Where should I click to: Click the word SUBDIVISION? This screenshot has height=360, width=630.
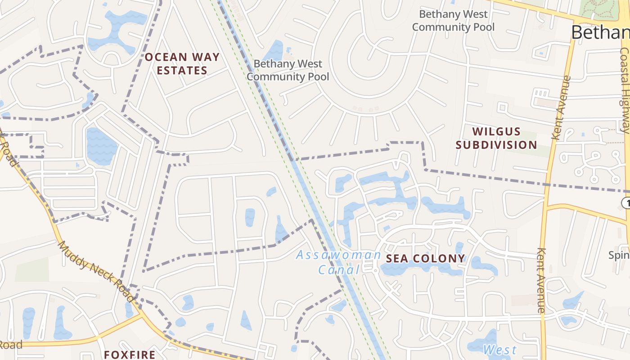coord(496,145)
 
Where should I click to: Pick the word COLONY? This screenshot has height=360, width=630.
coord(438,258)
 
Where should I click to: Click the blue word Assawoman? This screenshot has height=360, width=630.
coord(339,256)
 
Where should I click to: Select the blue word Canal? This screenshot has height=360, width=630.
coord(339,270)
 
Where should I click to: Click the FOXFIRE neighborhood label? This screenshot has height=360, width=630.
coord(130,355)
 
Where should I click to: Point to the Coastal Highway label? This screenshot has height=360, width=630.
coord(625,90)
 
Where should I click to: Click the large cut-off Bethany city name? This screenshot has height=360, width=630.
coord(600,32)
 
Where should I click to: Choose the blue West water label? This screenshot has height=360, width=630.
coord(499,350)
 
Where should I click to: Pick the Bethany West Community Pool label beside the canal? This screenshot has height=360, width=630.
coord(288,70)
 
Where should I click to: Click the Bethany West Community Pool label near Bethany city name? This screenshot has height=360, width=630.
coord(453,21)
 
